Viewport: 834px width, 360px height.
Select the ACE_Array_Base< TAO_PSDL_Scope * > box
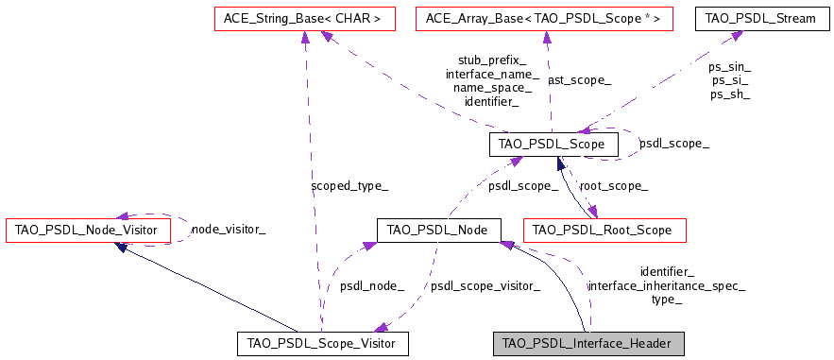tap(543, 18)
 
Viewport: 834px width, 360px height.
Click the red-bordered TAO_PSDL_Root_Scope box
tap(603, 230)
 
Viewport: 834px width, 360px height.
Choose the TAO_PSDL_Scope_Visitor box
tap(321, 343)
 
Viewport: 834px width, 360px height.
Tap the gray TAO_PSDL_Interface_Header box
tap(587, 343)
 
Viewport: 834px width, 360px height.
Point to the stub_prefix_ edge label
tap(492, 59)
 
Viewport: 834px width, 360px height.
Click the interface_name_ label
tap(492, 73)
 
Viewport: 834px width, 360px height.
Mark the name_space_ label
tap(492, 87)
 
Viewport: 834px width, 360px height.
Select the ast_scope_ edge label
tap(579, 80)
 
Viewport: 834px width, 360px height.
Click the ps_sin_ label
tap(729, 66)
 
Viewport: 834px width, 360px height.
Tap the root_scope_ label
tap(613, 186)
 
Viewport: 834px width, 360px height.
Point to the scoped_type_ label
tap(349, 186)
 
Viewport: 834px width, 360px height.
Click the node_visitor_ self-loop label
tap(228, 229)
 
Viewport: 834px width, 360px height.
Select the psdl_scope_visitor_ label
tap(485, 285)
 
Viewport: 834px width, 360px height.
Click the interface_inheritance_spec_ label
tap(666, 285)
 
